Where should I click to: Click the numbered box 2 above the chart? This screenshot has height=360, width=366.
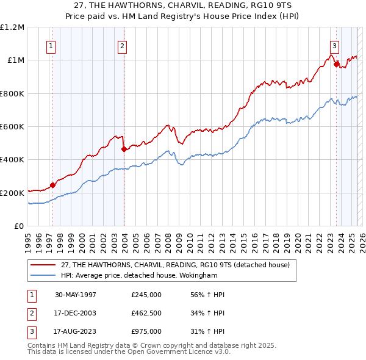coord(122,45)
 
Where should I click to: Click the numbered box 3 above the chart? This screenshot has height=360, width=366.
coord(335,45)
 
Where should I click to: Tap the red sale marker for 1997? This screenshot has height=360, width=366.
coord(52,185)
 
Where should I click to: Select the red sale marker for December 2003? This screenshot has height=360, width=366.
coord(124,148)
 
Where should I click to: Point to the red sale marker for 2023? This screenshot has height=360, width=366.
coord(336,63)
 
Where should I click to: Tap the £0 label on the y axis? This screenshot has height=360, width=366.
coord(19,226)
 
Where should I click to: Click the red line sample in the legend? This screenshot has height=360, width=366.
coord(43,265)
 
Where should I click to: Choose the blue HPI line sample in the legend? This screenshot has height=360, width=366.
coord(43,275)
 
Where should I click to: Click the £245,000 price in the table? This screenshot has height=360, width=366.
coord(146,295)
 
